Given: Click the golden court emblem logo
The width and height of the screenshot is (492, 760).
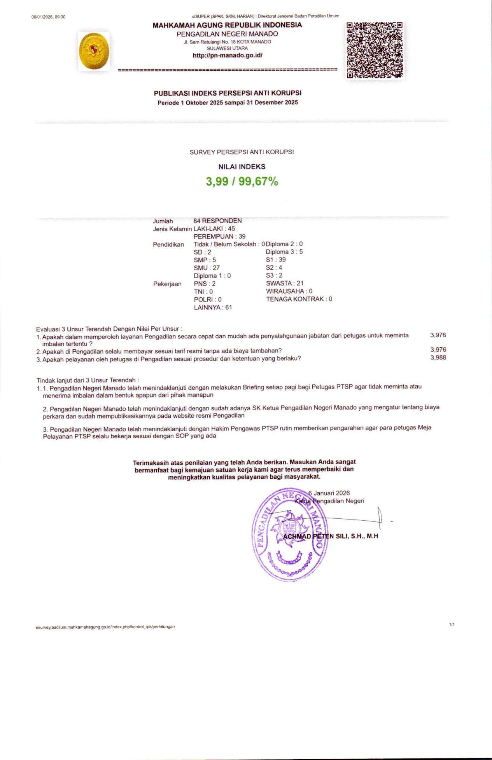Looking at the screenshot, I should [x=93, y=51].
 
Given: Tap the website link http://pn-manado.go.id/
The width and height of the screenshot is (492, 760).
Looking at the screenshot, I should [x=228, y=56].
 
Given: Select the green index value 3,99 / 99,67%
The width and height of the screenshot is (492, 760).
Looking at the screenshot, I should [x=242, y=181].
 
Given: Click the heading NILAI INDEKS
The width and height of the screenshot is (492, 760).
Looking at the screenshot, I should [x=242, y=167].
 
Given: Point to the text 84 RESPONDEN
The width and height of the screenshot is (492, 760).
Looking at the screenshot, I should [x=217, y=221].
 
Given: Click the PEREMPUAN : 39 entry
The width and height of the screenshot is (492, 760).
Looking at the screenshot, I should [x=219, y=236].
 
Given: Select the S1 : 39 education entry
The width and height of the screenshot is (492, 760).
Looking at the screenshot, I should [x=275, y=260].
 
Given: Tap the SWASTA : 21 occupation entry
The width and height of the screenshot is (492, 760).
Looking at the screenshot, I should [x=284, y=283].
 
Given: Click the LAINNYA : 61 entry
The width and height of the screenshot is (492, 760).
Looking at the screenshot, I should [x=213, y=307].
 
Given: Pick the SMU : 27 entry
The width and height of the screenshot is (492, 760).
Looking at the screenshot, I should [x=207, y=268].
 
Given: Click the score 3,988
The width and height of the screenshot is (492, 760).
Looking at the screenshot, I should [x=438, y=357].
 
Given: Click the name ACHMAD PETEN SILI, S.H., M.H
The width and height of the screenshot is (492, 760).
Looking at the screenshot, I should [x=331, y=536].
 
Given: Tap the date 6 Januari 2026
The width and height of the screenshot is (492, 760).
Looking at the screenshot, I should [x=329, y=493].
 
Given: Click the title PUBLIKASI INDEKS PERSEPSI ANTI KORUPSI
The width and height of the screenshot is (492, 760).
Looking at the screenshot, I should [x=228, y=93].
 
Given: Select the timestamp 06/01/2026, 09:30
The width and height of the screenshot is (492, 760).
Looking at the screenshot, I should [x=48, y=17].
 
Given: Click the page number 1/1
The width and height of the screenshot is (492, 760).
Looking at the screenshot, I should [x=452, y=624].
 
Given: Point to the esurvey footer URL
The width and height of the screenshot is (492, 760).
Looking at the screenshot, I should [x=105, y=627].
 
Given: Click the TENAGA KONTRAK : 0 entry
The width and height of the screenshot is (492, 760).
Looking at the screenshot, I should [x=299, y=299].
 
